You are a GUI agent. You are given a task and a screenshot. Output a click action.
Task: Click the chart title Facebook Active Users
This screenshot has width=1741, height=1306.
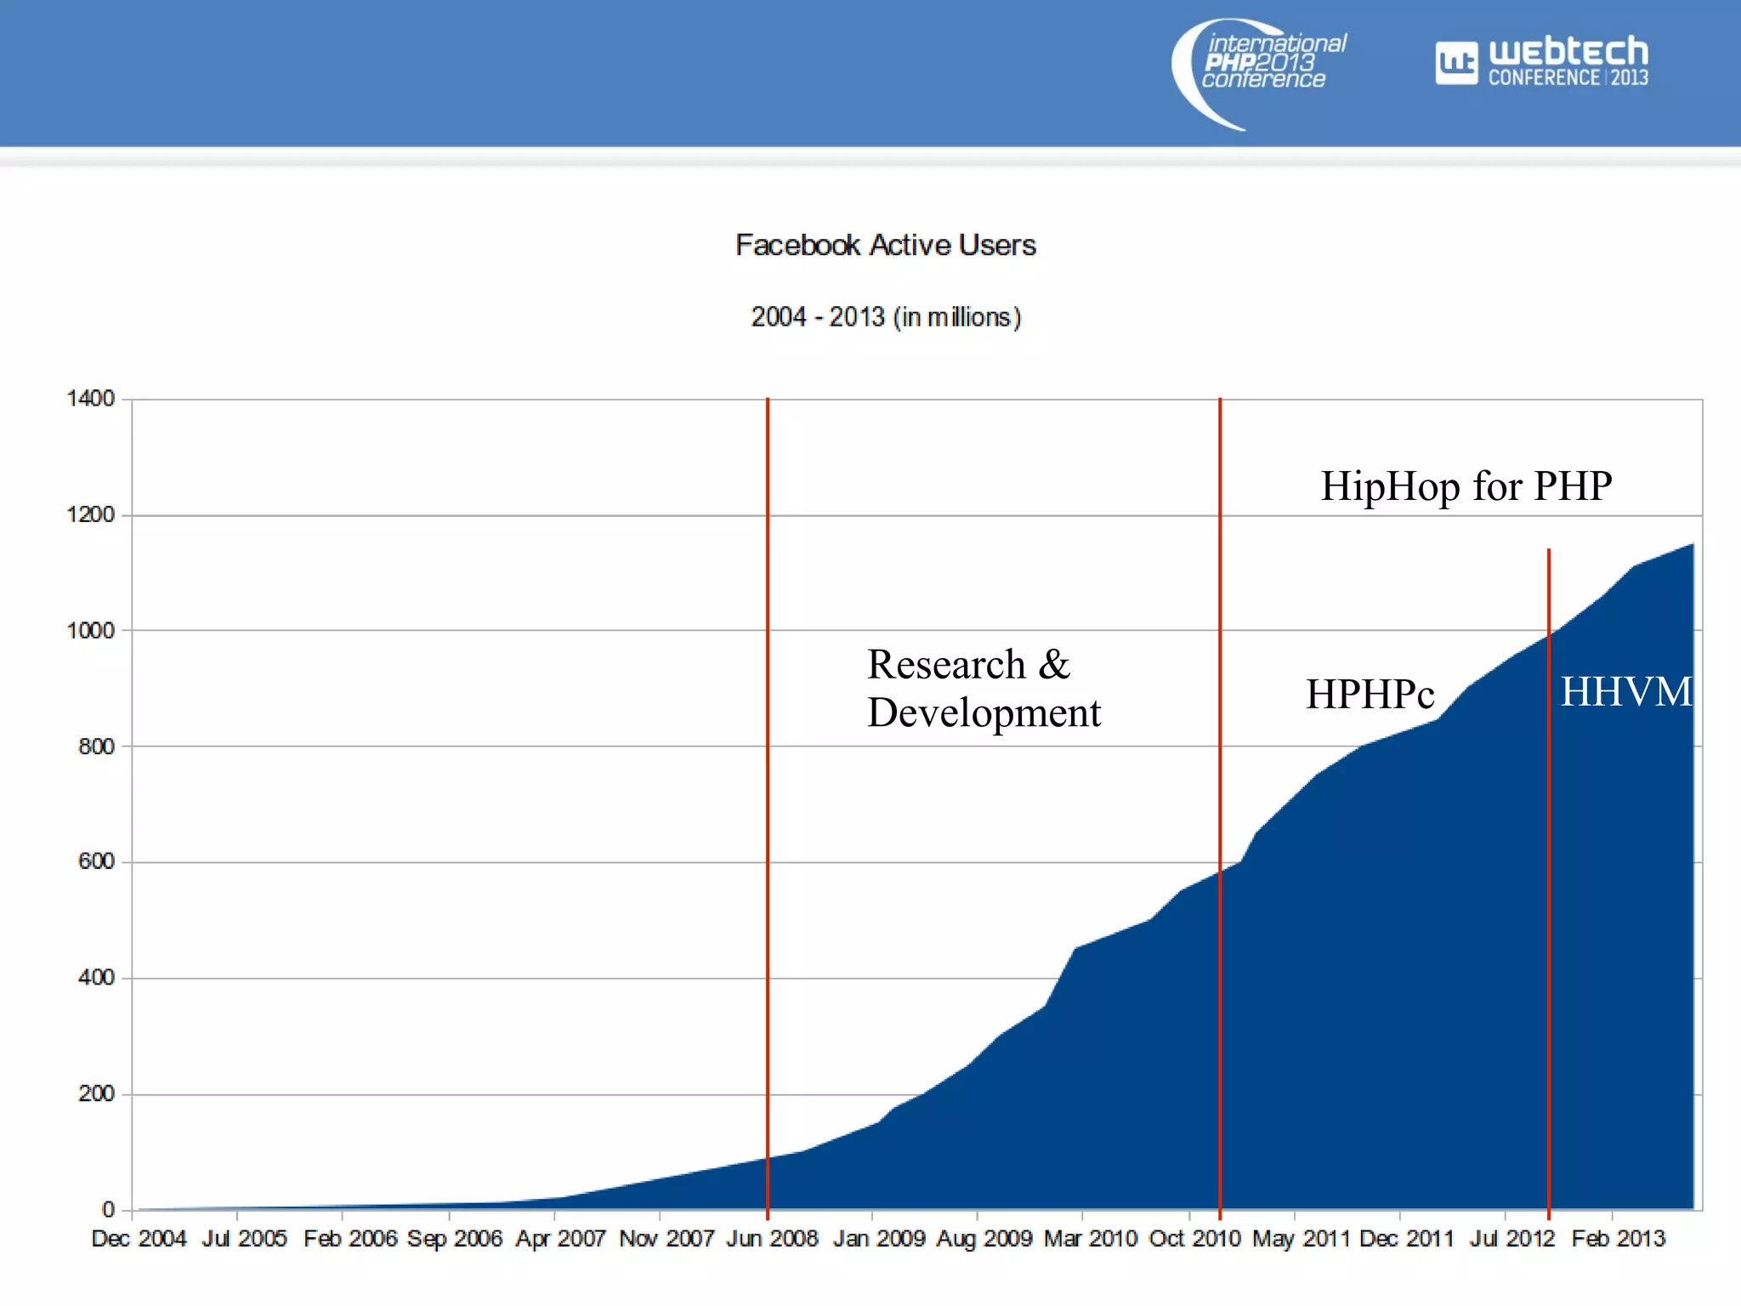pyautogui.click(x=885, y=245)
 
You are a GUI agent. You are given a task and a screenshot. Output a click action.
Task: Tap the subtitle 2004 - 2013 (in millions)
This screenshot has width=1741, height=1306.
pyautogui.click(x=885, y=317)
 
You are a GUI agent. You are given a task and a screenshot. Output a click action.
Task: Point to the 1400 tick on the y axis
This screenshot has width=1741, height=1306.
pyautogui.click(x=90, y=398)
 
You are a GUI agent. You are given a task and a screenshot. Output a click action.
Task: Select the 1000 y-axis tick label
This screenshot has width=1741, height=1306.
pyautogui.click(x=90, y=630)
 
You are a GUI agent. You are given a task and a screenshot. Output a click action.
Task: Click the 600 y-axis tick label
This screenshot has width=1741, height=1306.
pyautogui.click(x=95, y=861)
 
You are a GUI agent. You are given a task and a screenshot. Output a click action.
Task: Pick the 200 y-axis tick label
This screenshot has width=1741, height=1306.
pyautogui.click(x=95, y=1093)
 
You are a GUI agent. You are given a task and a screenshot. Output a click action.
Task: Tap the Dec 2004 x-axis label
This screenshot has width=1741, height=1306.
pyautogui.click(x=139, y=1239)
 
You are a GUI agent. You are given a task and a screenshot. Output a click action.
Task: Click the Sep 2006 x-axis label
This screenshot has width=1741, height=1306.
pyautogui.click(x=455, y=1239)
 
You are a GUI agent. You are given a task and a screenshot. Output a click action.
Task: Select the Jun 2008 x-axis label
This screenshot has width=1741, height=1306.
pyautogui.click(x=772, y=1239)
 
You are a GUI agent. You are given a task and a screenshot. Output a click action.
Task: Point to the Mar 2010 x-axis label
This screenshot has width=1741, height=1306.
pyautogui.click(x=1090, y=1239)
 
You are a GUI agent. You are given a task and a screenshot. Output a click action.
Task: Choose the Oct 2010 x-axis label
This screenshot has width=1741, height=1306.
pyautogui.click(x=1194, y=1239)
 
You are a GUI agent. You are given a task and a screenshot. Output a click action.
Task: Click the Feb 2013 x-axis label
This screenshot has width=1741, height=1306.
pyautogui.click(x=1618, y=1239)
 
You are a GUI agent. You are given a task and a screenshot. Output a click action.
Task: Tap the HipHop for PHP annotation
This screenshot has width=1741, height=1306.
pyautogui.click(x=1466, y=486)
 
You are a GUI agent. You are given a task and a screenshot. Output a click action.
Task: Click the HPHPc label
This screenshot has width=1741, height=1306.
pyautogui.click(x=1370, y=694)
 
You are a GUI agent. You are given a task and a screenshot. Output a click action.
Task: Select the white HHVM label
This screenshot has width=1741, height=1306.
pyautogui.click(x=1625, y=692)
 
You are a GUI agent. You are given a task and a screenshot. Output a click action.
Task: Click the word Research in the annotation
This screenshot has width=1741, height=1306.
pyautogui.click(x=946, y=664)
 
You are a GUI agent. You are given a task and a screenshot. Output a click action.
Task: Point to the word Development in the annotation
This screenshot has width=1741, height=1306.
pyautogui.click(x=984, y=713)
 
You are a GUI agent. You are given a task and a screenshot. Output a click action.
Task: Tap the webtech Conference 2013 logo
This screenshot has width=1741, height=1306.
pyautogui.click(x=1542, y=62)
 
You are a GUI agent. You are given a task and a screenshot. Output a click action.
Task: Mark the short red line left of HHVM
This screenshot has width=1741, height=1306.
pyautogui.click(x=1549, y=850)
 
